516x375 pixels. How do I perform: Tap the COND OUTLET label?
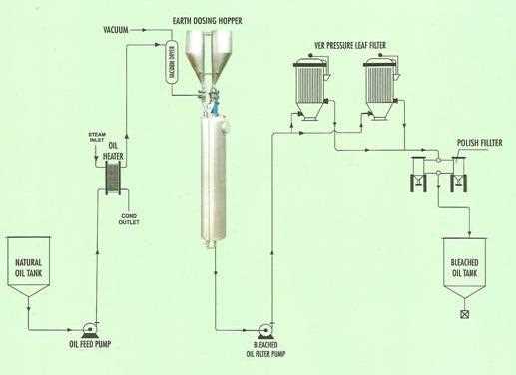pos(130,218)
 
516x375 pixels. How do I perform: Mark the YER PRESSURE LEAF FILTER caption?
pos(345,44)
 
